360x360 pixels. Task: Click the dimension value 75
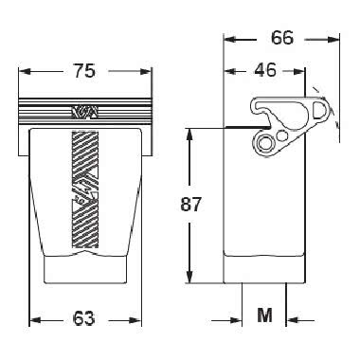tap(84, 71)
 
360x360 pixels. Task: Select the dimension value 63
tap(83, 318)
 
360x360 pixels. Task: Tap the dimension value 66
tap(282, 38)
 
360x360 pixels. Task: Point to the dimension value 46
tap(265, 70)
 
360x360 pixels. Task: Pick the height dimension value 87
tap(190, 205)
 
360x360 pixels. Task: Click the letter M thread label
tap(264, 315)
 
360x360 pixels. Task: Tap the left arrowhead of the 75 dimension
tap(25, 71)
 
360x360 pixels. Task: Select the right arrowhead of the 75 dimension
tap(146, 71)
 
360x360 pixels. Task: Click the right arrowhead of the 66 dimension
tap(333, 40)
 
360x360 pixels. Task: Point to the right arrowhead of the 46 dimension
tap(299, 71)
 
